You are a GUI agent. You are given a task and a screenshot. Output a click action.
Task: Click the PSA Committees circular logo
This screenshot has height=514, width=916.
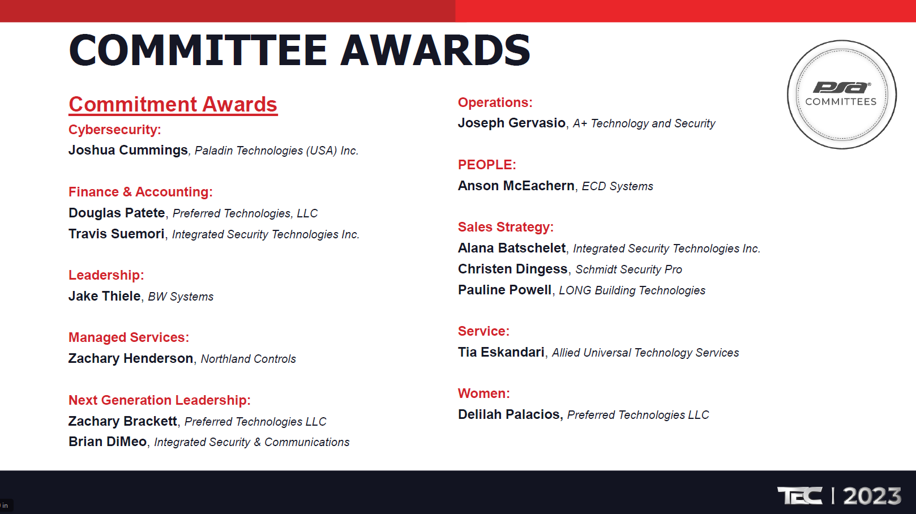pos(842,95)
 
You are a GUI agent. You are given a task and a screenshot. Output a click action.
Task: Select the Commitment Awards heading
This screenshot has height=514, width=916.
pos(173,105)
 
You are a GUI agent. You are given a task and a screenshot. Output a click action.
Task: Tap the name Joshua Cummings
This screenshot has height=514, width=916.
pos(128,150)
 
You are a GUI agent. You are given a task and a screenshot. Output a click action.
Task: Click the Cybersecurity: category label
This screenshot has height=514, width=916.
pos(114,130)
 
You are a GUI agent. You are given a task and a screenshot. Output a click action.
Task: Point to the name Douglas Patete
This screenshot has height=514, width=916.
pos(117,213)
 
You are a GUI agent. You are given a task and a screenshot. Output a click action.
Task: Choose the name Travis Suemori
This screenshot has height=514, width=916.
pos(117,233)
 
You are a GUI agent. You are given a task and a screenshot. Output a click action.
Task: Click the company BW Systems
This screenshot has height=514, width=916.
pos(181,297)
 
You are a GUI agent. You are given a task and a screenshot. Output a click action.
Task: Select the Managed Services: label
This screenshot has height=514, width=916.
pos(129,337)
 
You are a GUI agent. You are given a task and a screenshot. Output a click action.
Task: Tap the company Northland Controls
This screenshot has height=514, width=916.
pos(248,359)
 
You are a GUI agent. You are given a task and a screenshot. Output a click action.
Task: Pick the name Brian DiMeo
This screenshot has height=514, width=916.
pos(108,442)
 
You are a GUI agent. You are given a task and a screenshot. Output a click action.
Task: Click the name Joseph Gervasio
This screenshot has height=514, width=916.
pos(512,123)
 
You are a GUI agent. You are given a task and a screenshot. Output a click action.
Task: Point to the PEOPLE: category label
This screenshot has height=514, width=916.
pos(487,164)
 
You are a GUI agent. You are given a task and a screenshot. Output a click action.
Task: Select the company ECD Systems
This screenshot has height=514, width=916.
pos(618,186)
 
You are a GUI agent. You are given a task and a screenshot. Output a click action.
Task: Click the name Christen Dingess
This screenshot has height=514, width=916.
pos(513,269)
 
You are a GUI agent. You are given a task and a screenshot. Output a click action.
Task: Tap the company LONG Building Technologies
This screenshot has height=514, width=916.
pos(632,290)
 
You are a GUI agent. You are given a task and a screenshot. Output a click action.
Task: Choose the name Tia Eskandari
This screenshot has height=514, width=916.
pos(502,352)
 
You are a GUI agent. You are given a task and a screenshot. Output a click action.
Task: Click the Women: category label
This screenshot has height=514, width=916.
pos(484,393)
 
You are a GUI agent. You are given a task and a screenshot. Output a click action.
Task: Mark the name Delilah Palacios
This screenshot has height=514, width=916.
pos(509,414)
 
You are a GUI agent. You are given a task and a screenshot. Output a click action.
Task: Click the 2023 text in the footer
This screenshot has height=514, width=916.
pos(872,496)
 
